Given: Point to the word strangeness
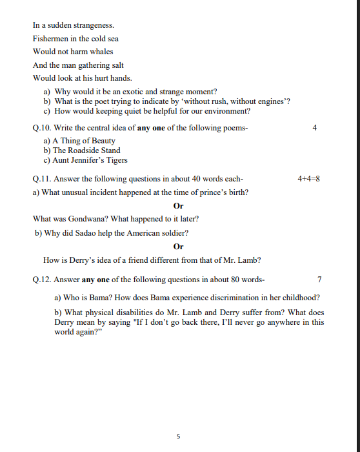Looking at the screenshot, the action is (x=94, y=25).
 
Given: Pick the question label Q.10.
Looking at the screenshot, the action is (x=42, y=128).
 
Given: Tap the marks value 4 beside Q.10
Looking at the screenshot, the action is (x=314, y=128).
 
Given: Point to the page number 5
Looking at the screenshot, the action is (x=179, y=437).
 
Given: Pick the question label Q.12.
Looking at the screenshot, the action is (x=42, y=280).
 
